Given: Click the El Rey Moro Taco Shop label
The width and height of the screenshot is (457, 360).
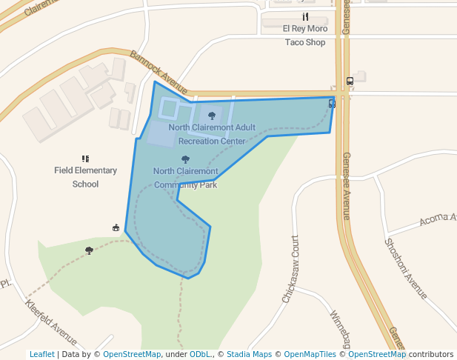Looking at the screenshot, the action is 305,35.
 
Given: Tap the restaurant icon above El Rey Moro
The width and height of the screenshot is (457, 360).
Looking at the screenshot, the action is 304,17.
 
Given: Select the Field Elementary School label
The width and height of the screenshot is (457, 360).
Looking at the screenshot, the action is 85,177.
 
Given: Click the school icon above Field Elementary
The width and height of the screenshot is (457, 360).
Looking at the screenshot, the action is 85,159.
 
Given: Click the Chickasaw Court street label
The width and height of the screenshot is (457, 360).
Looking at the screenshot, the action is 290,269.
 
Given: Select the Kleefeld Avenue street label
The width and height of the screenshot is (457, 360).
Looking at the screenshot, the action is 51,323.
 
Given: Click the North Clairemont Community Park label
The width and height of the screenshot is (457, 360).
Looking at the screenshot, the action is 185,178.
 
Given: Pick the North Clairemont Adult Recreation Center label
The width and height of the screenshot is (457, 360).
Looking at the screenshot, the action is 212,134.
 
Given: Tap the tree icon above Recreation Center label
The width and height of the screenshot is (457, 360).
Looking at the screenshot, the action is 213,116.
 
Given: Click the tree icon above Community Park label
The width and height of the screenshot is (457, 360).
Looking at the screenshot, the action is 185,159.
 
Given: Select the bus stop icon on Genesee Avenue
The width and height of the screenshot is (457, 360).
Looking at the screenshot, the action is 350,81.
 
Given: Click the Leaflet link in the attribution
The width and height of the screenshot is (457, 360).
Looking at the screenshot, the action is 41,354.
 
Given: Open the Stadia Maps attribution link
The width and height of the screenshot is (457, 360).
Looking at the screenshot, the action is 249,354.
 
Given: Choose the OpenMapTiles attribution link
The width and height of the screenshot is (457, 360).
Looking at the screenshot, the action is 310,354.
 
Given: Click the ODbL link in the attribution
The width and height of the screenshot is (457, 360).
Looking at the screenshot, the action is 200,354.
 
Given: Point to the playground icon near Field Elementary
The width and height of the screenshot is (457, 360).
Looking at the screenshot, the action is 116,227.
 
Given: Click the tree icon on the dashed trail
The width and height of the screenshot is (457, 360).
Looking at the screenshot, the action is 90,250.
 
